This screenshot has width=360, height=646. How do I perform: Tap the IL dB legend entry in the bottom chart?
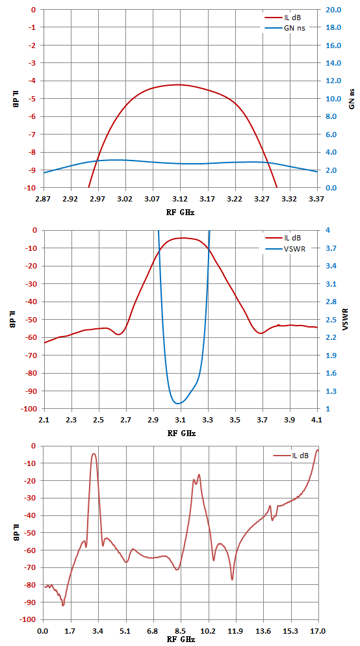[290, 455]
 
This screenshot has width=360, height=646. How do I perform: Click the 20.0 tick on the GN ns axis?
[332, 10]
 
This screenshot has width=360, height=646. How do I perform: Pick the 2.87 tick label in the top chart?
[44, 199]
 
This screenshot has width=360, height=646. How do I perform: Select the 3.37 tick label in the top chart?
[316, 199]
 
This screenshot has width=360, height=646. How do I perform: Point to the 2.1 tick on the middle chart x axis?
[44, 420]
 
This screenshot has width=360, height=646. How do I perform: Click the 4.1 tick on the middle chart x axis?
[317, 420]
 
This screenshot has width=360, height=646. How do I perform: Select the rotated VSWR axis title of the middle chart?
[346, 319]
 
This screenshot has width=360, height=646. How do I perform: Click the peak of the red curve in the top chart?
[178, 84]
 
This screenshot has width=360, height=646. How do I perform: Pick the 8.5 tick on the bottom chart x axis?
[181, 631]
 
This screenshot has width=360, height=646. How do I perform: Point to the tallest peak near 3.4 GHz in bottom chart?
[94, 454]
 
